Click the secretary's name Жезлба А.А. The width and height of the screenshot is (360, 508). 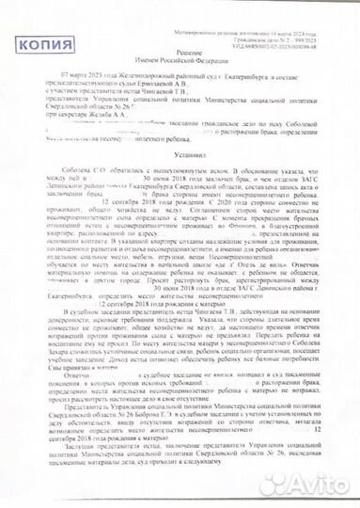[x=94, y=122]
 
